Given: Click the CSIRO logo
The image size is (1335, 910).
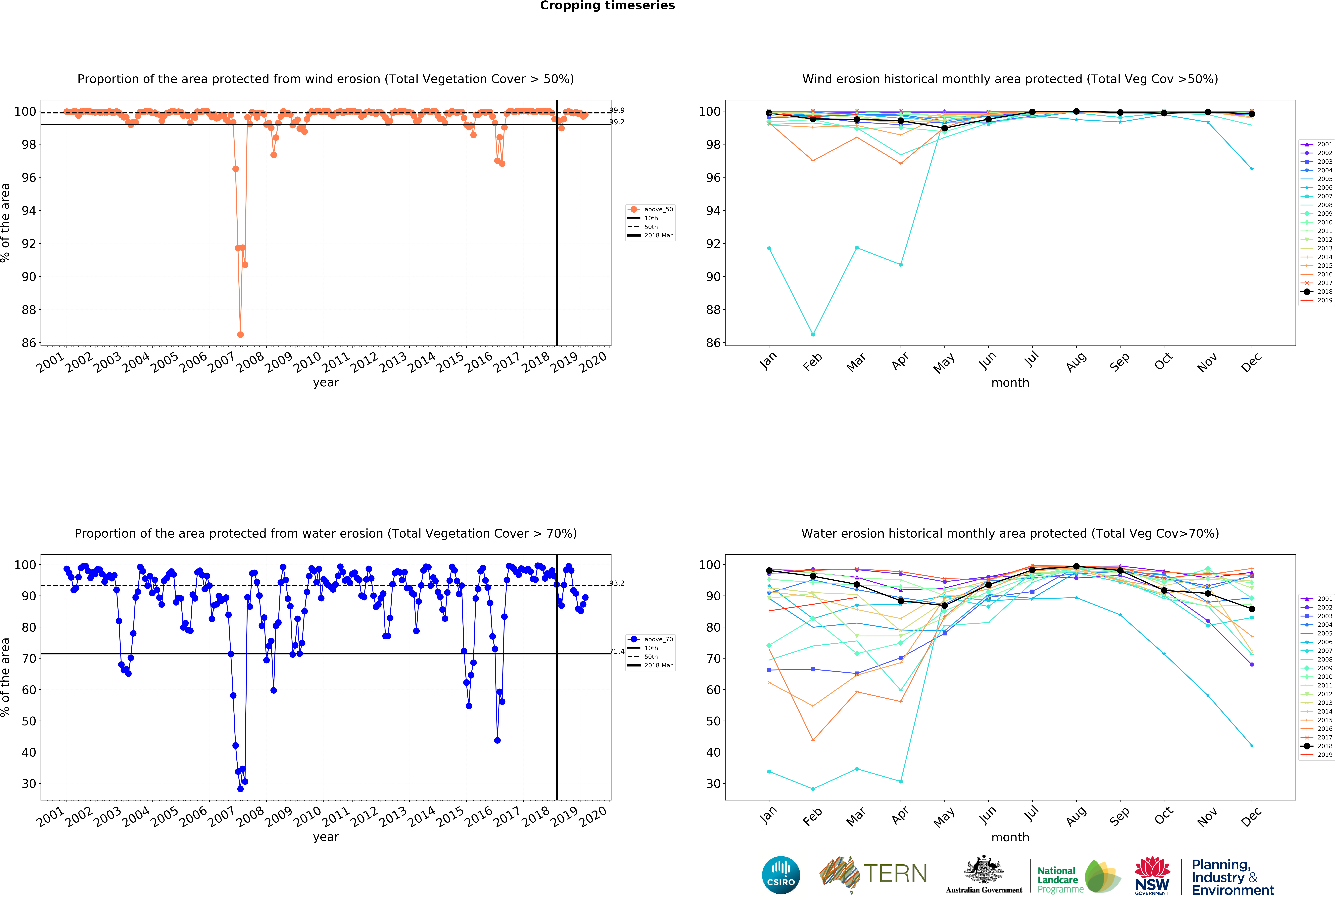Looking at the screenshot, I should [781, 875].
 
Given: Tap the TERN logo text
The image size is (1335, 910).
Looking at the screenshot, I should [895, 874].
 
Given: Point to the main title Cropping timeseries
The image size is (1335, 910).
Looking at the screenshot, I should [607, 6].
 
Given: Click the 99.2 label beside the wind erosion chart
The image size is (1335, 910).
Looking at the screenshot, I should [617, 122].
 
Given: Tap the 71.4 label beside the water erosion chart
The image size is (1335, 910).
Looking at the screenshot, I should [617, 652].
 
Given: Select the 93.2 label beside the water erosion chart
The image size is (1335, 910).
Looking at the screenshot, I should [617, 583].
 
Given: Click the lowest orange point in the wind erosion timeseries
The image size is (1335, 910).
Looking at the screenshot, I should [240, 334].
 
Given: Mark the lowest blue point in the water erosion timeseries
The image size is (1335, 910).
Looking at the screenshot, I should [240, 789].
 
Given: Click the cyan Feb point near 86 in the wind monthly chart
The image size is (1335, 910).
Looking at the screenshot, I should [813, 334].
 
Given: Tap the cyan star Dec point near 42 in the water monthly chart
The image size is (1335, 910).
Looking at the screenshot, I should [1252, 745].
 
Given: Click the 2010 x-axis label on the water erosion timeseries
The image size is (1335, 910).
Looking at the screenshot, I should [307, 816].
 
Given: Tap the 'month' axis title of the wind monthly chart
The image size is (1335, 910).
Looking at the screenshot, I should [1010, 383].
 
